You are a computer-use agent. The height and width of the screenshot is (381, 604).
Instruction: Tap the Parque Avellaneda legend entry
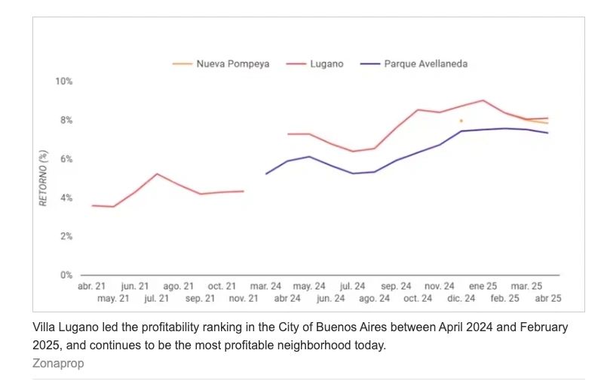coord(425,64)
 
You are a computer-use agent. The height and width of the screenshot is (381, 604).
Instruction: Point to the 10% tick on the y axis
coord(63,81)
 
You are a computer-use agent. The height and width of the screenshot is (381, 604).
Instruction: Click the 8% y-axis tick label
coord(65,121)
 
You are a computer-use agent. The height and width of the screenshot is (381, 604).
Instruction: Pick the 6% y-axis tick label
coord(65,159)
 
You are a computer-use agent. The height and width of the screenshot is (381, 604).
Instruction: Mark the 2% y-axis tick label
coord(65,236)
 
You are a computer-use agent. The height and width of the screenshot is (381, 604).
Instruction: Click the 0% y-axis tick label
coord(65,275)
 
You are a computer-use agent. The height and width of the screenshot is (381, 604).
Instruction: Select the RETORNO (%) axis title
coord(44,178)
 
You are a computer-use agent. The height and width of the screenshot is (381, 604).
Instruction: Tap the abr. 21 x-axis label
coord(92,287)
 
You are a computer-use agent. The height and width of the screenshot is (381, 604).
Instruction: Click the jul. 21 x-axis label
coord(156,299)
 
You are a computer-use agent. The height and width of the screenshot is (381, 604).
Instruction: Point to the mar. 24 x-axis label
coord(265,287)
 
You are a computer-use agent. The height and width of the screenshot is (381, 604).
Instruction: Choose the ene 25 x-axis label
coord(483,287)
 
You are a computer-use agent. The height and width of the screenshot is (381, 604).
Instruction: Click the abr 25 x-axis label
coord(547,299)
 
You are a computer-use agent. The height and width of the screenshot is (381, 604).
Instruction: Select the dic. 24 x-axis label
coord(461,299)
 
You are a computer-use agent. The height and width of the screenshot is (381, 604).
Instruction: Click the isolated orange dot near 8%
coord(461,121)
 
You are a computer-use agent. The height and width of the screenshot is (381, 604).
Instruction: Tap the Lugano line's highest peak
coord(483,100)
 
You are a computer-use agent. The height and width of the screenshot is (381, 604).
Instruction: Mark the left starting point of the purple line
coord(266,174)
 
